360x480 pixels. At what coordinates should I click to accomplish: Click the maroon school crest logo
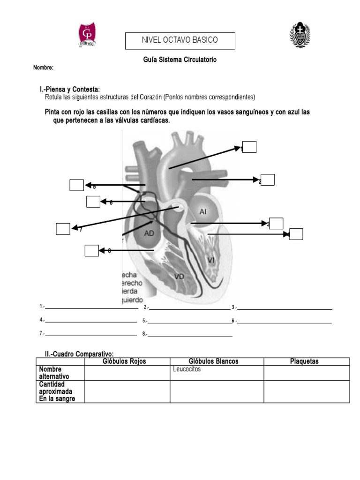(x=87, y=35)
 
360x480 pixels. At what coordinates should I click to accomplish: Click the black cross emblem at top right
(x=300, y=35)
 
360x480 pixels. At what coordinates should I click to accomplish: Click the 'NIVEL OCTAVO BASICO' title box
(x=180, y=40)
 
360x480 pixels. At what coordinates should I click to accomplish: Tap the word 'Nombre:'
(x=43, y=67)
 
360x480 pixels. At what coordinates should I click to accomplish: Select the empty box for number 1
(x=249, y=147)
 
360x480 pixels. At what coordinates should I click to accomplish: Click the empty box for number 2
(x=268, y=180)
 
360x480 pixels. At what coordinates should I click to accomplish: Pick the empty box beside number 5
(x=76, y=185)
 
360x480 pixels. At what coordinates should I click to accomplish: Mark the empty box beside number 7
(x=63, y=229)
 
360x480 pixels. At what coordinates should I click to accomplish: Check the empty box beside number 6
(x=93, y=202)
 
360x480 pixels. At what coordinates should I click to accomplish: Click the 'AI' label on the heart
(x=203, y=212)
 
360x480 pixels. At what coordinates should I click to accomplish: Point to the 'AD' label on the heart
(x=149, y=232)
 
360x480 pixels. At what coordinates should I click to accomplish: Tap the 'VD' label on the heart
(x=179, y=276)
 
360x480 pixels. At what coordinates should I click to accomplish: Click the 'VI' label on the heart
(x=211, y=260)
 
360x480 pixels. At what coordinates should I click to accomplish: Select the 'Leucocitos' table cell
(x=217, y=373)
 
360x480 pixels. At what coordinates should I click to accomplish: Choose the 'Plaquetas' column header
(x=304, y=361)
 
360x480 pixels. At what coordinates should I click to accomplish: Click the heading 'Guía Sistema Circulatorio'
(x=180, y=60)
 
